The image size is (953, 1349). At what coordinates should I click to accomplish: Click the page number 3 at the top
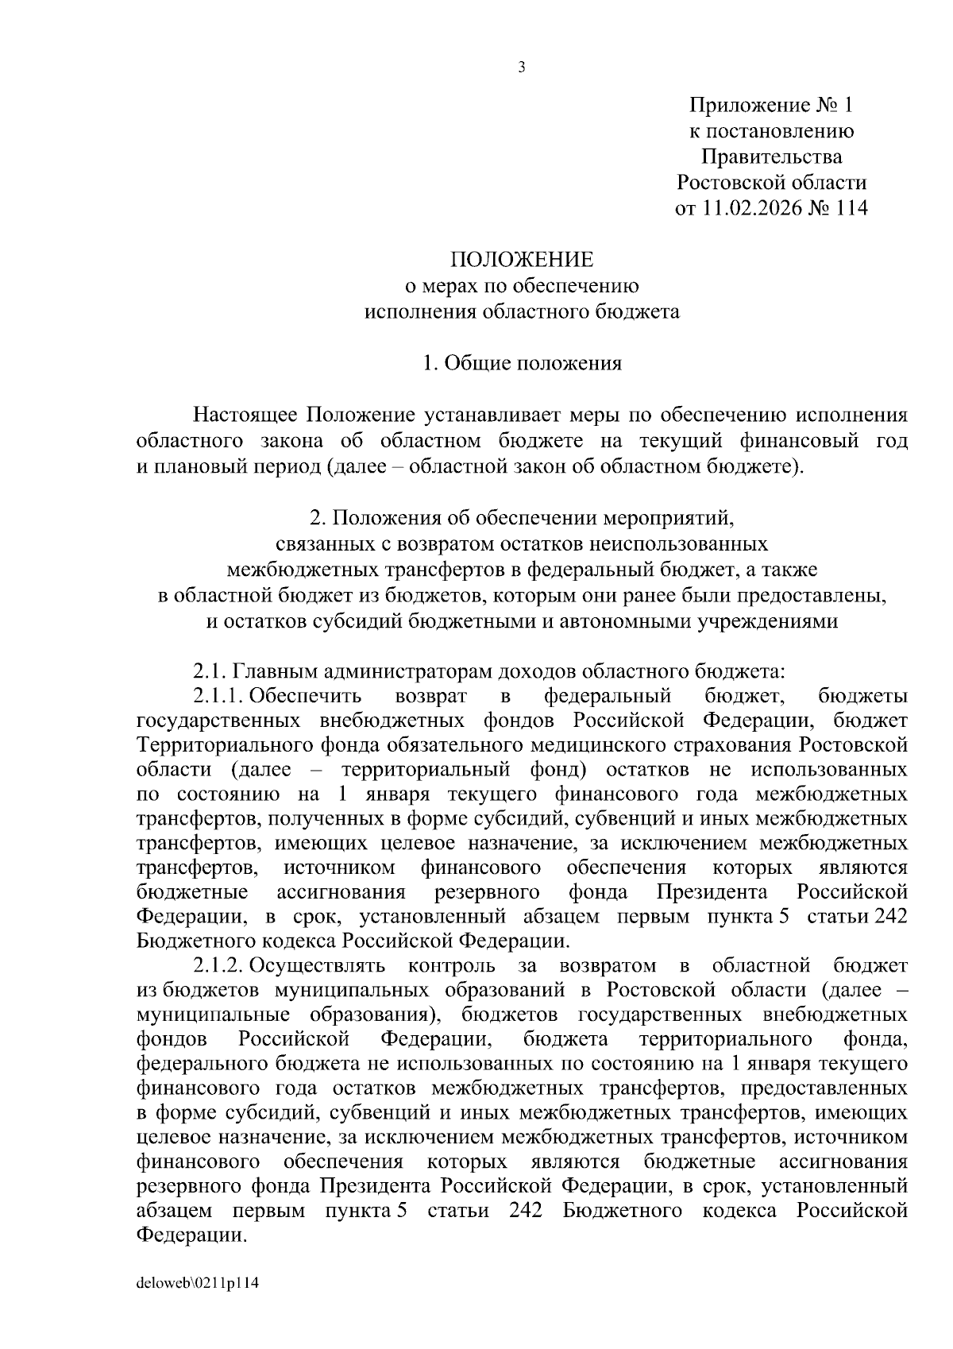pyautogui.click(x=522, y=68)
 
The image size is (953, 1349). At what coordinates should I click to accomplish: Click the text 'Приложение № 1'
pyautogui.click(x=770, y=106)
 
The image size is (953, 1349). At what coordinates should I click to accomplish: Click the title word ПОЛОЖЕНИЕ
pyautogui.click(x=522, y=260)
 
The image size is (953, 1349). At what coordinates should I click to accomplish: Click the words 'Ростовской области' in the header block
pyautogui.click(x=770, y=183)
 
